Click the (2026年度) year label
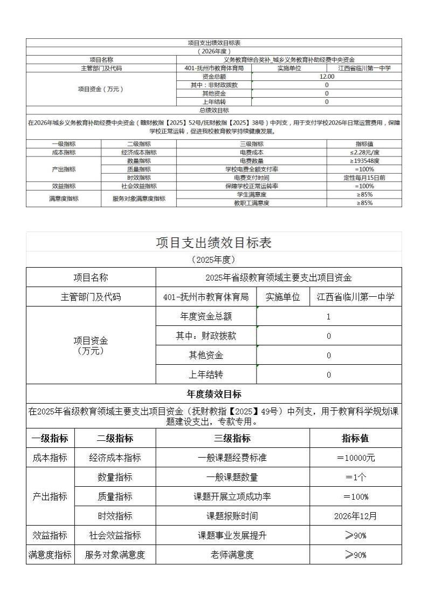coord(214,51)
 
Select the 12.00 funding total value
coord(327,77)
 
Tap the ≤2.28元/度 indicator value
coord(364,152)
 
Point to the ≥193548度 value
coord(364,161)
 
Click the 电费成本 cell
coord(251,152)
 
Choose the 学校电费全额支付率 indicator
coord(251,169)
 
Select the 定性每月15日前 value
coord(364,178)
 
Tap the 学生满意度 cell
coord(251,194)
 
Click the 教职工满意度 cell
coord(251,203)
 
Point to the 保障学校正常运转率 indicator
coord(251,186)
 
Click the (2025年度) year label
coord(214,260)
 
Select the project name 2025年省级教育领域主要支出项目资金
coord(279,277)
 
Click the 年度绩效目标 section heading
coord(214,394)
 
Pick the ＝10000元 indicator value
coord(356,458)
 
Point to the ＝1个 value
coord(356,477)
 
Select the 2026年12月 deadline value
coord(356,516)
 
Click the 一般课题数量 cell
coord(232,477)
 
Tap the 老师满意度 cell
coord(232,555)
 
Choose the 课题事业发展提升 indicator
coord(232,535)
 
